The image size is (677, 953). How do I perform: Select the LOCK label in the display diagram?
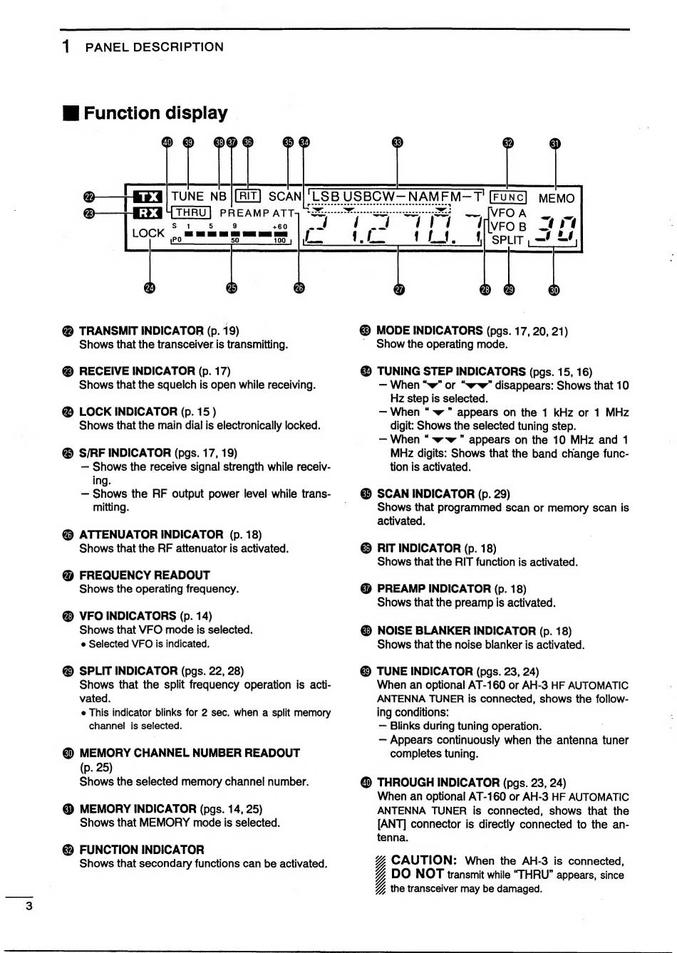point(148,233)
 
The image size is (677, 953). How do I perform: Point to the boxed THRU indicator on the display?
point(191,212)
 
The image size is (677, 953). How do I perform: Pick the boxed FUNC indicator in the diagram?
point(509,198)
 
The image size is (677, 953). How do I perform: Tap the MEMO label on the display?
point(556,198)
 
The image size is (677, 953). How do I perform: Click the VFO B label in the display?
point(508,226)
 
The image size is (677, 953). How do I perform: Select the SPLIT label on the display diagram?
point(507,240)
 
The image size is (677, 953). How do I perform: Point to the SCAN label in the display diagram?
point(285,197)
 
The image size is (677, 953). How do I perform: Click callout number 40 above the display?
point(167,142)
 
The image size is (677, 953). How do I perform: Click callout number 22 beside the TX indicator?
point(89,197)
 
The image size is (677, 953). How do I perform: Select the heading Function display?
point(155,113)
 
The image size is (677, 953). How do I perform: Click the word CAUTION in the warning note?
point(423,860)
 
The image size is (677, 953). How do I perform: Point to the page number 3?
point(29,906)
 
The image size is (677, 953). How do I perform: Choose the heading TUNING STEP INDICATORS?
point(451,371)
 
